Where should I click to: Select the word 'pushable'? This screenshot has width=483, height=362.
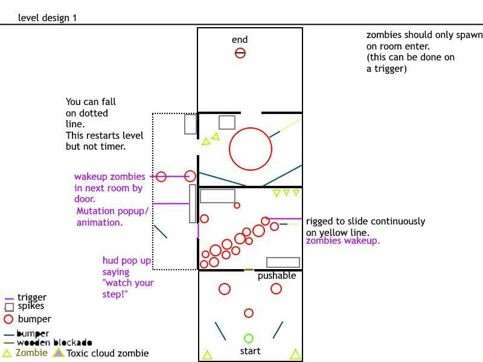tap(277, 276)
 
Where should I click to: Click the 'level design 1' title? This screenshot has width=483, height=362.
tap(47, 18)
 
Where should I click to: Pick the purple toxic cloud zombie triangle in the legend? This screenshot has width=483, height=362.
tap(58, 352)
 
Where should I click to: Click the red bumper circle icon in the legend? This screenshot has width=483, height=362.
tap(8, 319)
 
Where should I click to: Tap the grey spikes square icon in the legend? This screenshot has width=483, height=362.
tap(9, 307)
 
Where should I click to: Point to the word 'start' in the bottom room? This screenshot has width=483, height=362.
tap(250, 351)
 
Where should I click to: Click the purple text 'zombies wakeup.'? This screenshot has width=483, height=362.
tap(343, 241)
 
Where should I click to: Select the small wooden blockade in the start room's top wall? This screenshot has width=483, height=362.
tap(249, 270)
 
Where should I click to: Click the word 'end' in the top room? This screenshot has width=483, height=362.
tap(240, 39)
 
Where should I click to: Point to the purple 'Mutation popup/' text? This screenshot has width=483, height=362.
tap(112, 211)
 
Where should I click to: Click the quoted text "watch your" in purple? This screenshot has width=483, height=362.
tap(128, 283)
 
